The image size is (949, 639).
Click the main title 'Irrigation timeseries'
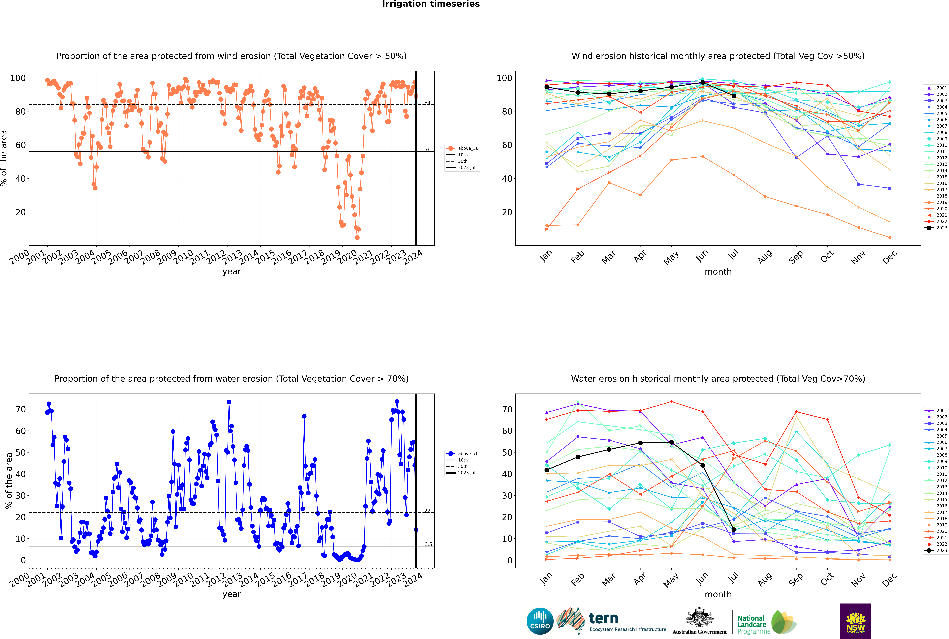(431, 4)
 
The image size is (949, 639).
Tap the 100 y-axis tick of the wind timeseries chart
(18, 78)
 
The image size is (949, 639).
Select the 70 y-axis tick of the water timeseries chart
(20, 409)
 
